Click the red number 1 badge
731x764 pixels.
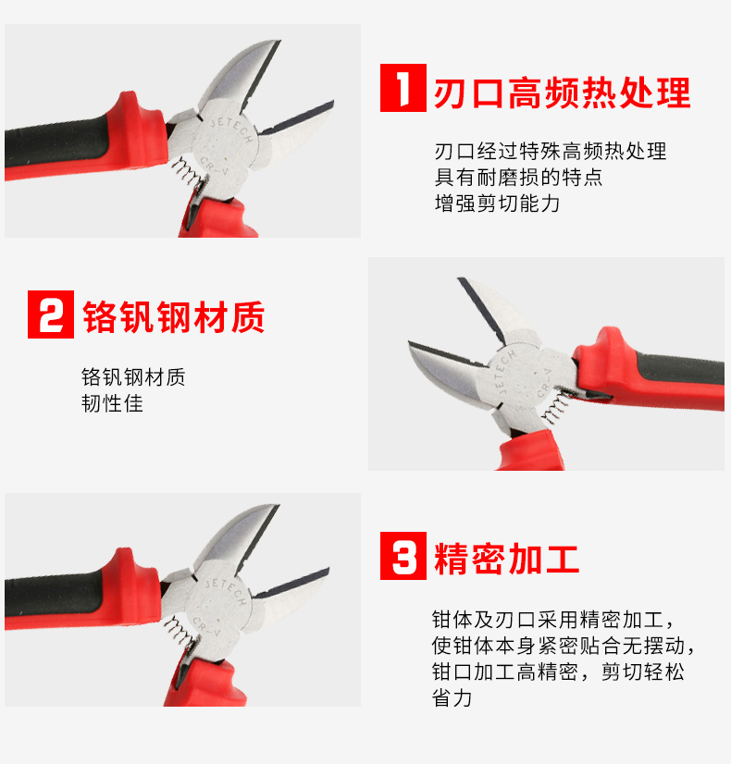coord(403,88)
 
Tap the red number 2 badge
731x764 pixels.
coord(51,314)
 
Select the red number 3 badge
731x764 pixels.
coord(403,556)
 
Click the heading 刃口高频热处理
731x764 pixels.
coord(562,92)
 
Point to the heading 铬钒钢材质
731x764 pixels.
coord(173,317)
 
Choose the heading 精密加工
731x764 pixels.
coord(506,559)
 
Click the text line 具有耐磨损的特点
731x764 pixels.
coord(518,177)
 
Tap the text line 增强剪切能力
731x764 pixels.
coord(497,203)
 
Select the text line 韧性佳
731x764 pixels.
coord(112,403)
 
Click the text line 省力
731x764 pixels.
coord(452,697)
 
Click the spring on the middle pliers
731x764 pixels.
coord(555,407)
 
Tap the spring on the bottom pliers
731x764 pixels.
coord(179,631)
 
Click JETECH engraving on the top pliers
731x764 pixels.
coord(232,129)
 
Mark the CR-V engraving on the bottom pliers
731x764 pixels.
coord(206,626)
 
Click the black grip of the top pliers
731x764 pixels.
coord(57,142)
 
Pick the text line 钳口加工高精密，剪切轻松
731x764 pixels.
coord(559,672)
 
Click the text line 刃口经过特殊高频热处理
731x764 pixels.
coord(551,151)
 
